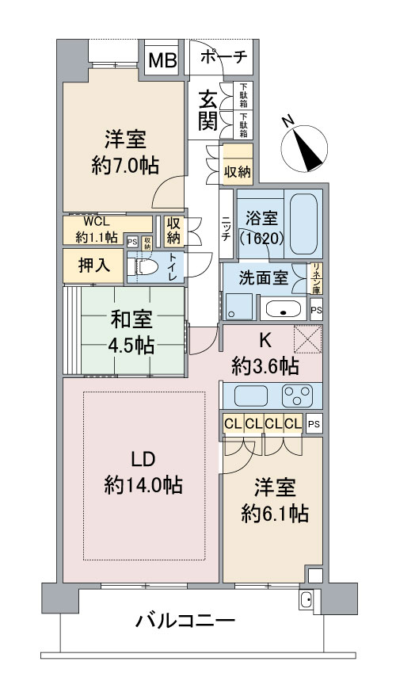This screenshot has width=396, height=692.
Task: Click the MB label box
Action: (165, 60)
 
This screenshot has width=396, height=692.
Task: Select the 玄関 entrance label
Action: (208, 110)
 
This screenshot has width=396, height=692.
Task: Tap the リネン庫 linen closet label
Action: (316, 278)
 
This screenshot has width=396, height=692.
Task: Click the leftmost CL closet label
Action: (233, 423)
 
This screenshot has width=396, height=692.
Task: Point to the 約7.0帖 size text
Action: (124, 165)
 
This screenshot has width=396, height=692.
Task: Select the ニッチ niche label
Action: (226, 225)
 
